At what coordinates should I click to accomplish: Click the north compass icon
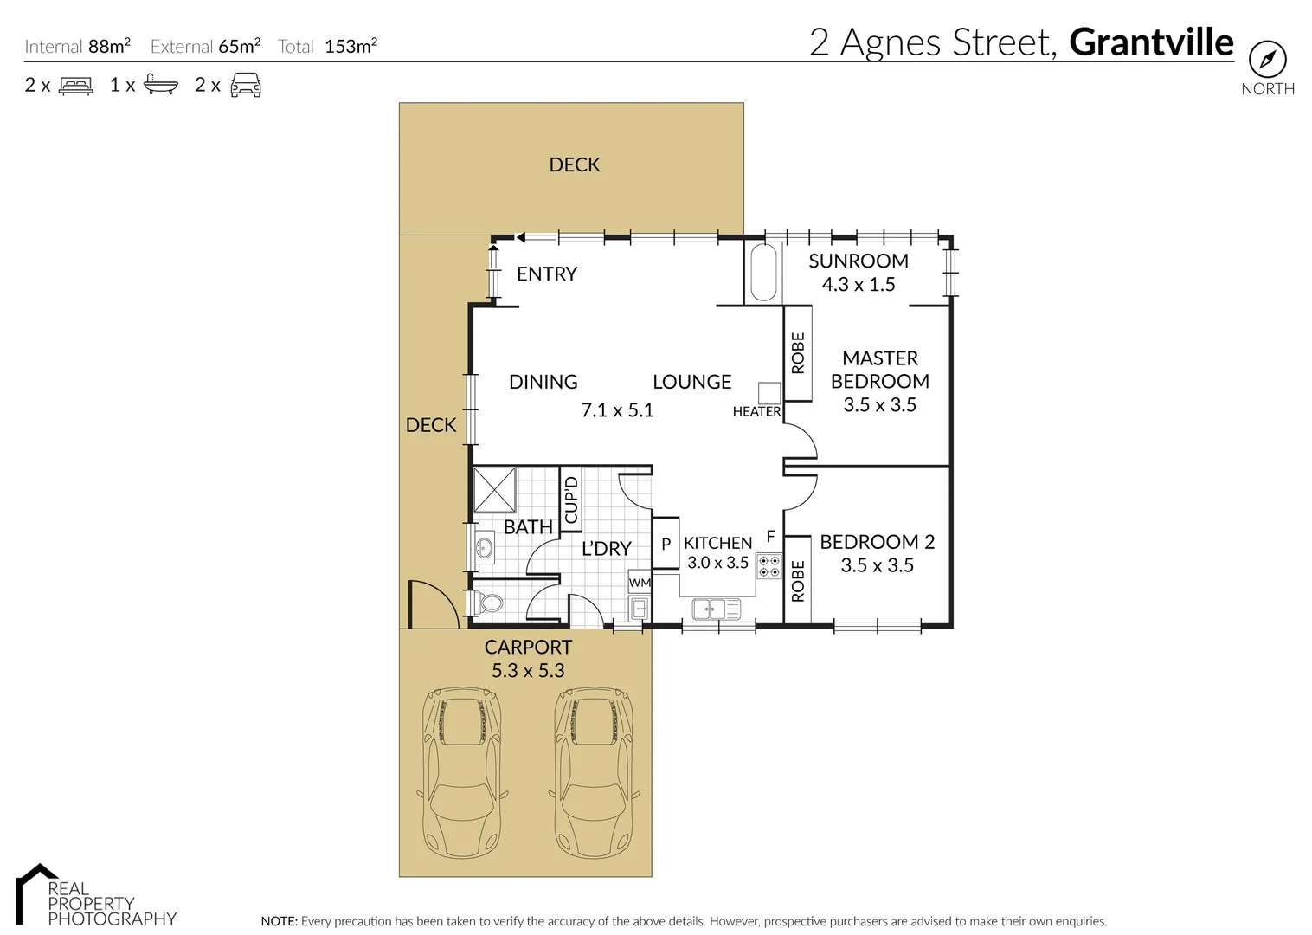tap(1267, 60)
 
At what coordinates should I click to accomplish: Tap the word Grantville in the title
tap(1151, 42)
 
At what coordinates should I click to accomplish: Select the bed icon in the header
tap(75, 85)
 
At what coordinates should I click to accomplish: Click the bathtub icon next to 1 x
tap(160, 85)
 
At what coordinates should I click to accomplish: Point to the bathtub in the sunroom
tap(762, 273)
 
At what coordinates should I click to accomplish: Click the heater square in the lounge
tap(769, 392)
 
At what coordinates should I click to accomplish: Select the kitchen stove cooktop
tap(769, 566)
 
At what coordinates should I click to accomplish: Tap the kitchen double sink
tap(717, 609)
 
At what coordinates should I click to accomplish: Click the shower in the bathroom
tap(495, 491)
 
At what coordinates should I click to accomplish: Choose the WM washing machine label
tap(640, 583)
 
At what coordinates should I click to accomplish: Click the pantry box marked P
tap(666, 544)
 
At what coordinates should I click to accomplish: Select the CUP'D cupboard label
tap(570, 500)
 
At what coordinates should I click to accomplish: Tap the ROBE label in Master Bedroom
tap(798, 353)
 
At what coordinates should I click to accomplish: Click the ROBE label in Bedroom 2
tap(798, 580)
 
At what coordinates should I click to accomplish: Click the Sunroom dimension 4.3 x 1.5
tap(859, 285)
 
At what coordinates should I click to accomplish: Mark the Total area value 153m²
tap(351, 47)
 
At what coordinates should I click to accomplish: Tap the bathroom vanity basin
tap(484, 547)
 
